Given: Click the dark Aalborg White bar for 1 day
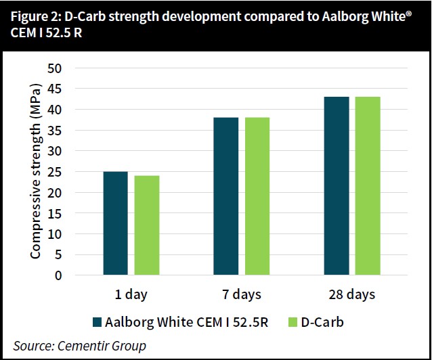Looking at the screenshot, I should pos(115,223).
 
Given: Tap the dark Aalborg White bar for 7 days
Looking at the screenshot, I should pos(226,196).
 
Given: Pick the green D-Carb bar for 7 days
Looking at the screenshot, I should pos(257,196).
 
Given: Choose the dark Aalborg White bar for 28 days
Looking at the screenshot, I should pos(337,186).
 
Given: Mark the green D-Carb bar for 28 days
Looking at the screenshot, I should pos(368,186).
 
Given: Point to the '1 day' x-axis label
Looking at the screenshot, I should pos(131,295).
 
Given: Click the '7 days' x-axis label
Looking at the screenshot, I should pos(241,295).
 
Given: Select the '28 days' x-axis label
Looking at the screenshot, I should pos(352,295).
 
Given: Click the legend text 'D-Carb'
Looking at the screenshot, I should pos(324,322).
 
